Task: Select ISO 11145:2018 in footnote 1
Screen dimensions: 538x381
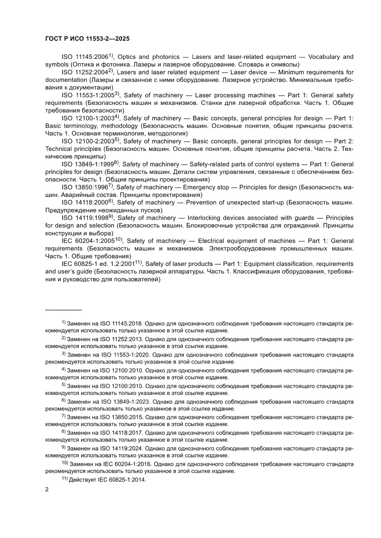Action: click(x=120, y=324)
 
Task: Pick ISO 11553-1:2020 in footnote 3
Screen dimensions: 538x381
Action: click(x=123, y=355)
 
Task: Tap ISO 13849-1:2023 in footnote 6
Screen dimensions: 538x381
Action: click(x=123, y=401)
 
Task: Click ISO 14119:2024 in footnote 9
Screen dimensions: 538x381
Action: click(x=120, y=448)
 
